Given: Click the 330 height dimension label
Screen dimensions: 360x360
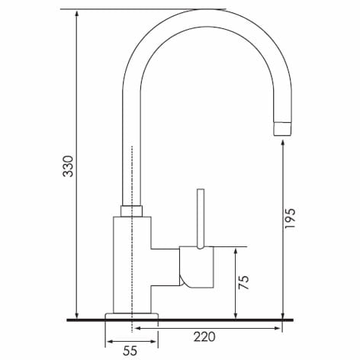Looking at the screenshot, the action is [x=68, y=166].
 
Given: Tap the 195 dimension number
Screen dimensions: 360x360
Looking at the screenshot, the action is [x=291, y=218].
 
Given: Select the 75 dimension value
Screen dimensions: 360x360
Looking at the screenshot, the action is [x=244, y=282].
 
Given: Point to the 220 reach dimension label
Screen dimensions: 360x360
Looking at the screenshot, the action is [x=204, y=337].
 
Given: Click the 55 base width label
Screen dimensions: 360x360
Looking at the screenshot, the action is [x=130, y=351].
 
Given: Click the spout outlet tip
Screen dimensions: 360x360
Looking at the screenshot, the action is [x=282, y=129].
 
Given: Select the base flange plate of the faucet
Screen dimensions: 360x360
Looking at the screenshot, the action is [x=132, y=316].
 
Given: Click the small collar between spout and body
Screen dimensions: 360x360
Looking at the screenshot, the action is [x=131, y=211].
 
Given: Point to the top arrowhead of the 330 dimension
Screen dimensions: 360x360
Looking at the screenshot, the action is [x=77, y=13].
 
